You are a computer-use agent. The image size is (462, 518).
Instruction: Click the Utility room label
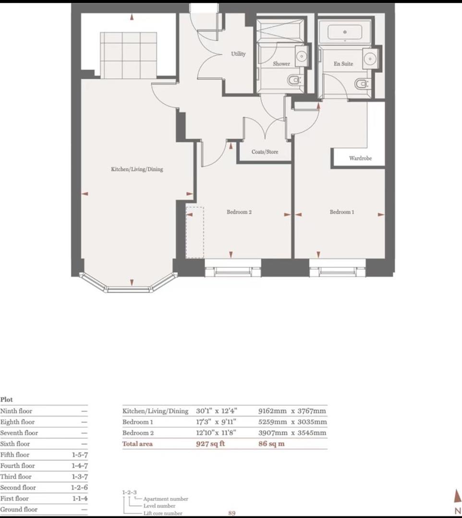[x=238, y=54]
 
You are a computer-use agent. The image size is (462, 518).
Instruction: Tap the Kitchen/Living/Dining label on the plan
[x=137, y=169]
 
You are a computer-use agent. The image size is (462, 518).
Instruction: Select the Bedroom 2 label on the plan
[x=239, y=212]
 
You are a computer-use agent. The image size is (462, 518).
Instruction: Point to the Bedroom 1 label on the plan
[x=342, y=212]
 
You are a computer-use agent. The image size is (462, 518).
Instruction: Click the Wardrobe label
[x=360, y=158]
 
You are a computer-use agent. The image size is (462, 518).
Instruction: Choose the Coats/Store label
[x=265, y=152]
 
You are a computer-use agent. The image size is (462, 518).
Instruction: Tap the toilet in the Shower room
[x=293, y=80]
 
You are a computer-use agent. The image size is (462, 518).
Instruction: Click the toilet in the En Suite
[x=361, y=84]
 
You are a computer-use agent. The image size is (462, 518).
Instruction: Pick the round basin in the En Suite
[x=370, y=59]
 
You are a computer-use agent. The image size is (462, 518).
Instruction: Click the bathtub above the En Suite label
[x=345, y=32]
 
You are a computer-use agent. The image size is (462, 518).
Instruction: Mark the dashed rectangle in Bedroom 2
[x=195, y=233]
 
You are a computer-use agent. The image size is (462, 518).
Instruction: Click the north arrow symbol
[x=458, y=495]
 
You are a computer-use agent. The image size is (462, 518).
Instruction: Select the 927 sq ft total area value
[x=210, y=444]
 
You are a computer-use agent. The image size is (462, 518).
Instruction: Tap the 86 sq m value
[x=271, y=444]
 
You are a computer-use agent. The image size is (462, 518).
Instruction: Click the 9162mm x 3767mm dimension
[x=292, y=411]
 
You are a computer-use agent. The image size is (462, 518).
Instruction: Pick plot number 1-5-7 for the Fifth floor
[x=80, y=455]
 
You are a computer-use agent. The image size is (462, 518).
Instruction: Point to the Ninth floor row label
[x=16, y=411]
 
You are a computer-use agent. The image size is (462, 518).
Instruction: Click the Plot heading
[x=7, y=399]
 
